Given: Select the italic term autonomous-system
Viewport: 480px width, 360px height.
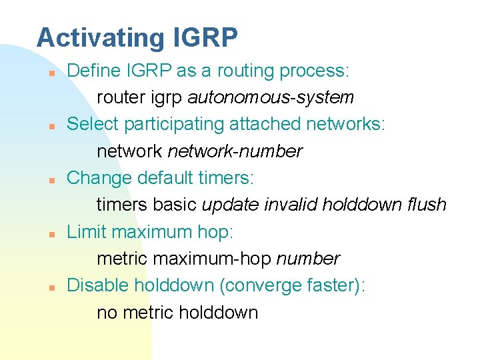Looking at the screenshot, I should [x=271, y=97].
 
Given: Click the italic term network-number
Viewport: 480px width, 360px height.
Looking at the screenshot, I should [x=235, y=151].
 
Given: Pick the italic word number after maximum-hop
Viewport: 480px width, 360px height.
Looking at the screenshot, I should [x=308, y=259].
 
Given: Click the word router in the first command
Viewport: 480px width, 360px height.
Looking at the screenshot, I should [x=118, y=97].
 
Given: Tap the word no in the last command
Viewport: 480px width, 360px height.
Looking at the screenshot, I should [x=105, y=313].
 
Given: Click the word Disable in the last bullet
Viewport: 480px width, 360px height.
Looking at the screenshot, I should [x=98, y=285].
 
